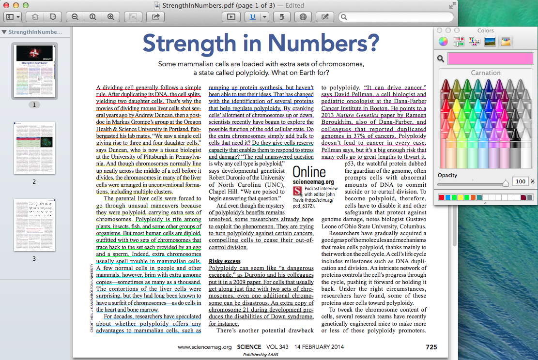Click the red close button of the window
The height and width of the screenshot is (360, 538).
pos(7,5)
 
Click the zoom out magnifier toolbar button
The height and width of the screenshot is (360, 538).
pos(75,16)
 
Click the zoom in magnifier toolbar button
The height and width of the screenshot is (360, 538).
pos(110,16)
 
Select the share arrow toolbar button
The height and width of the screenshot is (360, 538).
pos(155,16)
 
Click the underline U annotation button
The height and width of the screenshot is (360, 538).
pos(253,16)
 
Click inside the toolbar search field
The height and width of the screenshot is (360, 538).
pos(397,17)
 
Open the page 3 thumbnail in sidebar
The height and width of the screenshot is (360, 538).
pos(34,225)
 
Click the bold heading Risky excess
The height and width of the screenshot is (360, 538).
pos(225,261)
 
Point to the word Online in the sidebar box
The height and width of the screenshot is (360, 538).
pos(309,172)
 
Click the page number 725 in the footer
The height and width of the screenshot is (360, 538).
pos(431,347)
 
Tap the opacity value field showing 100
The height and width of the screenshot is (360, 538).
pos(520,181)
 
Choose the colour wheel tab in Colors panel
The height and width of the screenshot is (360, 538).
pos(443,42)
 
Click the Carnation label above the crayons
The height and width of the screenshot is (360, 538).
pos(485,73)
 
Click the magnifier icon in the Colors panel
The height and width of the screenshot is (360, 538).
pos(441,59)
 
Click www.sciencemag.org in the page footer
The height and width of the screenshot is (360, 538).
pos(205,347)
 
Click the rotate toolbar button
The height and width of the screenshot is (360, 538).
pos(281,16)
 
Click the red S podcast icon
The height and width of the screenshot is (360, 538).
pos(297,191)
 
